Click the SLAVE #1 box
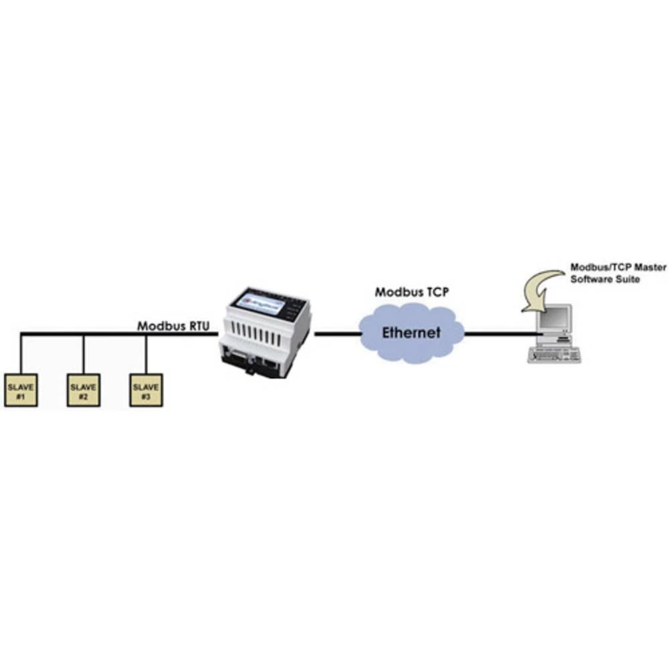(x=21, y=391)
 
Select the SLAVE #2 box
(x=84, y=391)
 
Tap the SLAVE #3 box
(x=146, y=391)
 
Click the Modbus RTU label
(x=174, y=326)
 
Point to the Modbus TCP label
(x=411, y=292)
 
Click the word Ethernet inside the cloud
(x=411, y=332)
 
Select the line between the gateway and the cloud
(x=337, y=332)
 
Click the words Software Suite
(x=605, y=278)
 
